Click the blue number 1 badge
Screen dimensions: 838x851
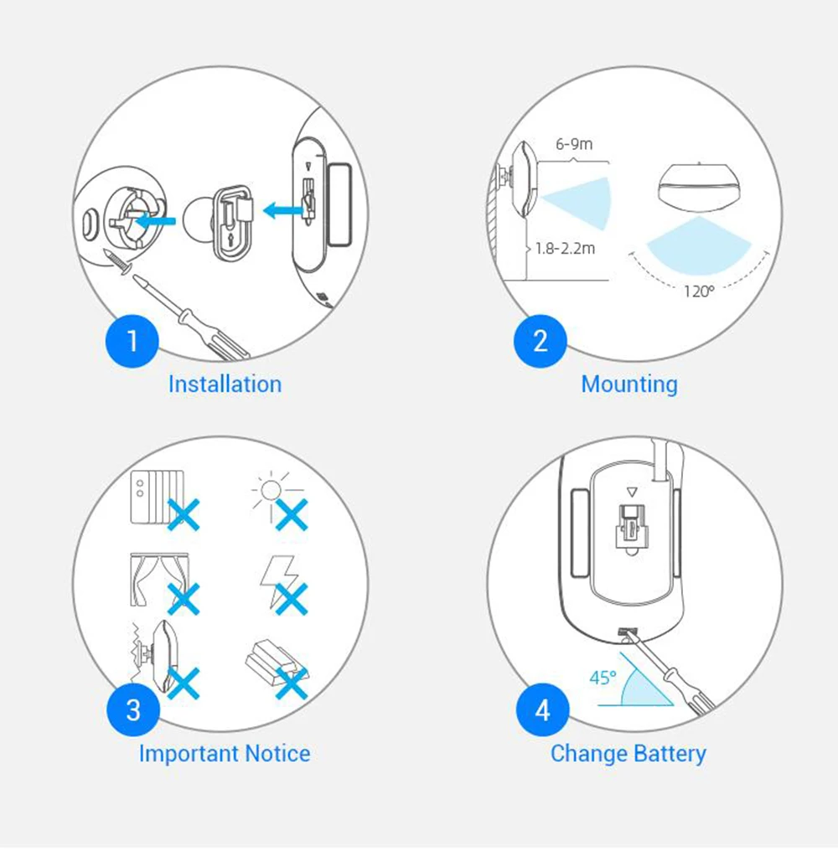tap(132, 341)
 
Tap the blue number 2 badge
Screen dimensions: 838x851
tap(541, 341)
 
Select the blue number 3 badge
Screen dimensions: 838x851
tap(133, 710)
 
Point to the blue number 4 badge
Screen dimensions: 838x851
tap(542, 710)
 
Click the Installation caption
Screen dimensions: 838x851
tap(225, 384)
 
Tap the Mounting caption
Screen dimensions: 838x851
tap(629, 384)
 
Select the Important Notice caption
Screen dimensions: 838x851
tap(225, 753)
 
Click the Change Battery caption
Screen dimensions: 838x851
tap(628, 754)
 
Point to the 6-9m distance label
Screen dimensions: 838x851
tap(574, 144)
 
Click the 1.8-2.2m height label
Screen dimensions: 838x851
tap(566, 249)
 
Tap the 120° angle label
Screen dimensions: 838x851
tap(698, 291)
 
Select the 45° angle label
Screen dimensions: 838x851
tap(603, 678)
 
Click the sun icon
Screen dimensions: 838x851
tap(271, 491)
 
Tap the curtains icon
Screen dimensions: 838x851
tap(158, 580)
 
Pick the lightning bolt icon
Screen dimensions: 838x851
tap(279, 580)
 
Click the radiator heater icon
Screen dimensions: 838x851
tap(157, 498)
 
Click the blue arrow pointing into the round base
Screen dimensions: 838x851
tap(155, 221)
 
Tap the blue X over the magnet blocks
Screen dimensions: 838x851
tap(292, 683)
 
